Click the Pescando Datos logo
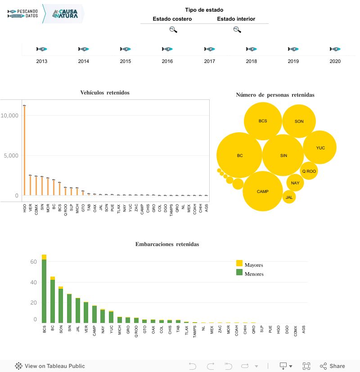tap(22, 13)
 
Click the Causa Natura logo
tap(64, 14)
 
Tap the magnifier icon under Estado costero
tap(173, 30)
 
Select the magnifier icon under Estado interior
tap(237, 30)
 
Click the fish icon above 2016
tap(167, 49)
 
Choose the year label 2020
tap(335, 61)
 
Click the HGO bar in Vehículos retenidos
tap(24, 150)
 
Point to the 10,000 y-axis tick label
tap(9, 116)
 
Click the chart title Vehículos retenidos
tap(105, 93)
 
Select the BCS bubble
tap(263, 121)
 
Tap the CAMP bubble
tap(263, 191)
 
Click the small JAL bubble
tap(289, 197)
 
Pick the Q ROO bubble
tap(309, 171)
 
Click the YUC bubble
tap(320, 148)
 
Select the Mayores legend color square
tap(239, 263)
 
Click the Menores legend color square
tap(239, 272)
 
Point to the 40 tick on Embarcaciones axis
tap(33, 282)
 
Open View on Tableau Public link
tap(50, 366)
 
